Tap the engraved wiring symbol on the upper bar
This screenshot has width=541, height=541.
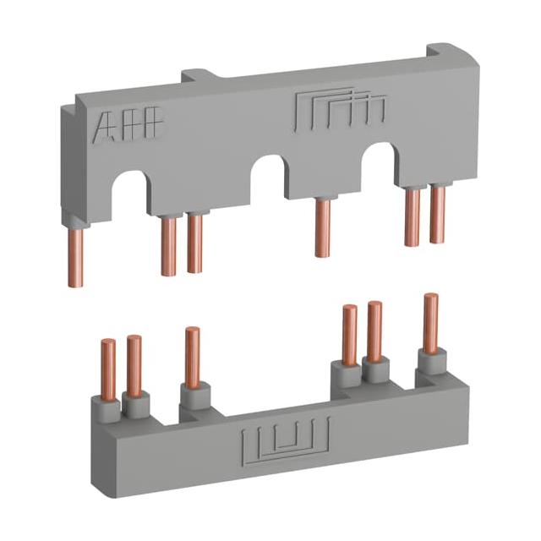(340, 111)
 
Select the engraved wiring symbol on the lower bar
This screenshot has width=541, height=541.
(286, 440)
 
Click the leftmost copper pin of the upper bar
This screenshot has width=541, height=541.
(75, 258)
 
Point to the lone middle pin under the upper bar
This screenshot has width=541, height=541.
(323, 227)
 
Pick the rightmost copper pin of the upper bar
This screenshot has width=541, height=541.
(437, 214)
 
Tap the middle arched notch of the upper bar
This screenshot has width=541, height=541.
(270, 175)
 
